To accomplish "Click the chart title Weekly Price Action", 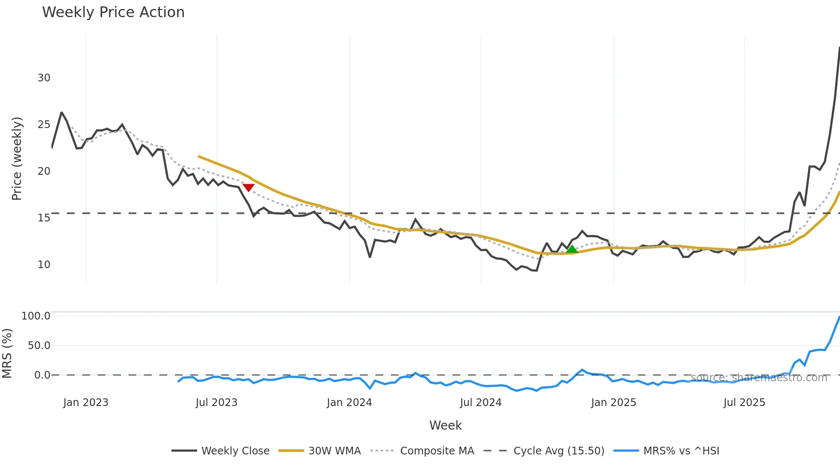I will [113, 12].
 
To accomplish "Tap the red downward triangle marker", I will [249, 187].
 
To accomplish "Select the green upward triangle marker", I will [572, 249].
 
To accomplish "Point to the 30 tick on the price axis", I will [44, 78].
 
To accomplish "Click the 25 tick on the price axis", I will [44, 125].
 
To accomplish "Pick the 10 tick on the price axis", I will [44, 265].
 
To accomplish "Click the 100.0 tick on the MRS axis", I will [36, 316].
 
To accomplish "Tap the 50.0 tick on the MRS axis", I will [39, 346].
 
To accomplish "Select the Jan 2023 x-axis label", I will [86, 403].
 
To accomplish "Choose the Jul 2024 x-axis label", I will [480, 403].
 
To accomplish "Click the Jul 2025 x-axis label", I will [744, 403].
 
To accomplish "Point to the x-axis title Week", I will [445, 425].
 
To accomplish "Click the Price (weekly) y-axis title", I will [17, 158].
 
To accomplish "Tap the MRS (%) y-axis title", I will [7, 353].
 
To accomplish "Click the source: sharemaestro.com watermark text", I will [759, 378].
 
